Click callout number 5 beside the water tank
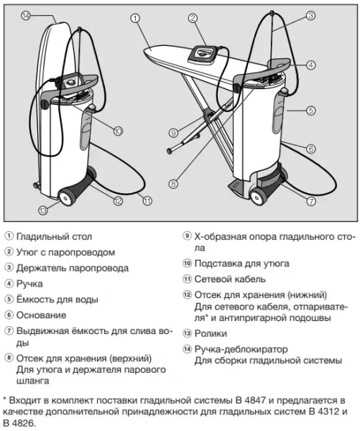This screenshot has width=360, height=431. pyautogui.click(x=310, y=111)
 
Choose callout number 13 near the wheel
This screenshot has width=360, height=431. pyautogui.click(x=44, y=210)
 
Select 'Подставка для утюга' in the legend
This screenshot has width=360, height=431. pyautogui.click(x=241, y=263)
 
